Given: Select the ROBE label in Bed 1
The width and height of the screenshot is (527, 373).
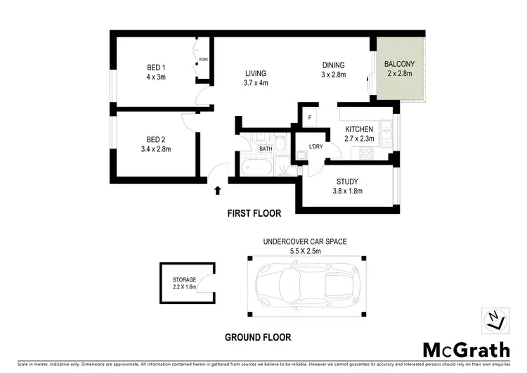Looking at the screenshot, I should click(x=202, y=60).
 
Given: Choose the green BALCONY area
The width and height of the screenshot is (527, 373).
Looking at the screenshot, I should click(x=400, y=69).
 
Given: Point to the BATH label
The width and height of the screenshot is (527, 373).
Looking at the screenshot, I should click(x=266, y=148).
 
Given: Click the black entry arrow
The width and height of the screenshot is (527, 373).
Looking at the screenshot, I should click(x=218, y=189).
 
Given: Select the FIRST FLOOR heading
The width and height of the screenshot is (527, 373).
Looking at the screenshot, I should click(x=254, y=213).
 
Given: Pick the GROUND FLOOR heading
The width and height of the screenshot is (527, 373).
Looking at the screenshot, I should click(x=257, y=337).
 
